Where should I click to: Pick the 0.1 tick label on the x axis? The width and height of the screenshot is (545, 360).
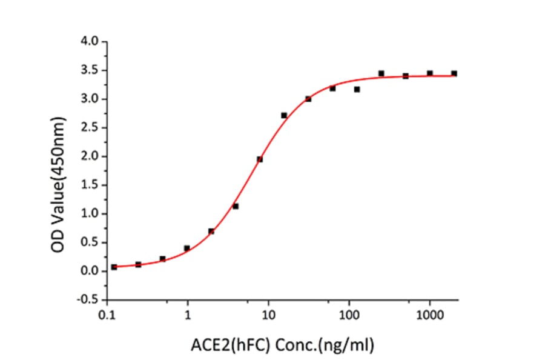(x=108, y=316)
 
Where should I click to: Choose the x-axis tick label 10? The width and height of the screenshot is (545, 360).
(x=268, y=316)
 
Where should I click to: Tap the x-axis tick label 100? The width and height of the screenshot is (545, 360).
(x=349, y=316)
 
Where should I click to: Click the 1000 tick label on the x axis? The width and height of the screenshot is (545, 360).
(x=429, y=316)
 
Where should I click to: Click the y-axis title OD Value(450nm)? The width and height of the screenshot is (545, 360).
(x=58, y=172)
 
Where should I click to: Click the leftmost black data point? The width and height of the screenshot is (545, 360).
(x=114, y=267)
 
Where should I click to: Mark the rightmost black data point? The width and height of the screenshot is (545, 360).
(x=454, y=73)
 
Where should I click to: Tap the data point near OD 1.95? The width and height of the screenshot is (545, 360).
(x=260, y=159)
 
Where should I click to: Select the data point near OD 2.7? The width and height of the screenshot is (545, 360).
(x=284, y=115)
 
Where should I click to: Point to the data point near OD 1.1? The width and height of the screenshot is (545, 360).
(x=236, y=206)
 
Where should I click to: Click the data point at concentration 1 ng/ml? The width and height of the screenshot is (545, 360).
(x=187, y=248)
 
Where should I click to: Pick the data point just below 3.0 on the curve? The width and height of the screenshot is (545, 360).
(x=308, y=99)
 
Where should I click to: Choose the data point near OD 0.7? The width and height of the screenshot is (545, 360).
(x=211, y=231)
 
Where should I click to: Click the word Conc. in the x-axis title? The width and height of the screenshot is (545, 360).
(x=299, y=345)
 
